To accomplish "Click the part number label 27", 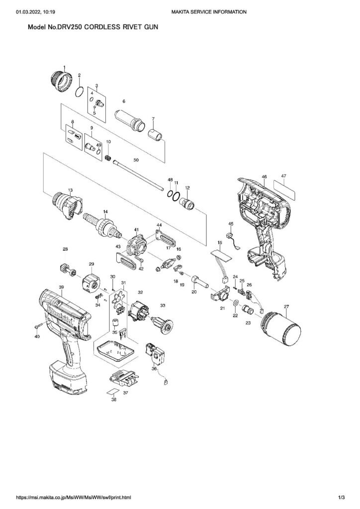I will click(x=286, y=306).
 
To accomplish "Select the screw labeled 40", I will click(x=39, y=326).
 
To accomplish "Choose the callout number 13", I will click(x=70, y=190).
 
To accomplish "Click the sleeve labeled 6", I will click(x=128, y=119).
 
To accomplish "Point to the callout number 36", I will click(x=154, y=369).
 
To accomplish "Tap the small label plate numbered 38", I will click(x=112, y=392).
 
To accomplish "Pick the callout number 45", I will click(x=231, y=224).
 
